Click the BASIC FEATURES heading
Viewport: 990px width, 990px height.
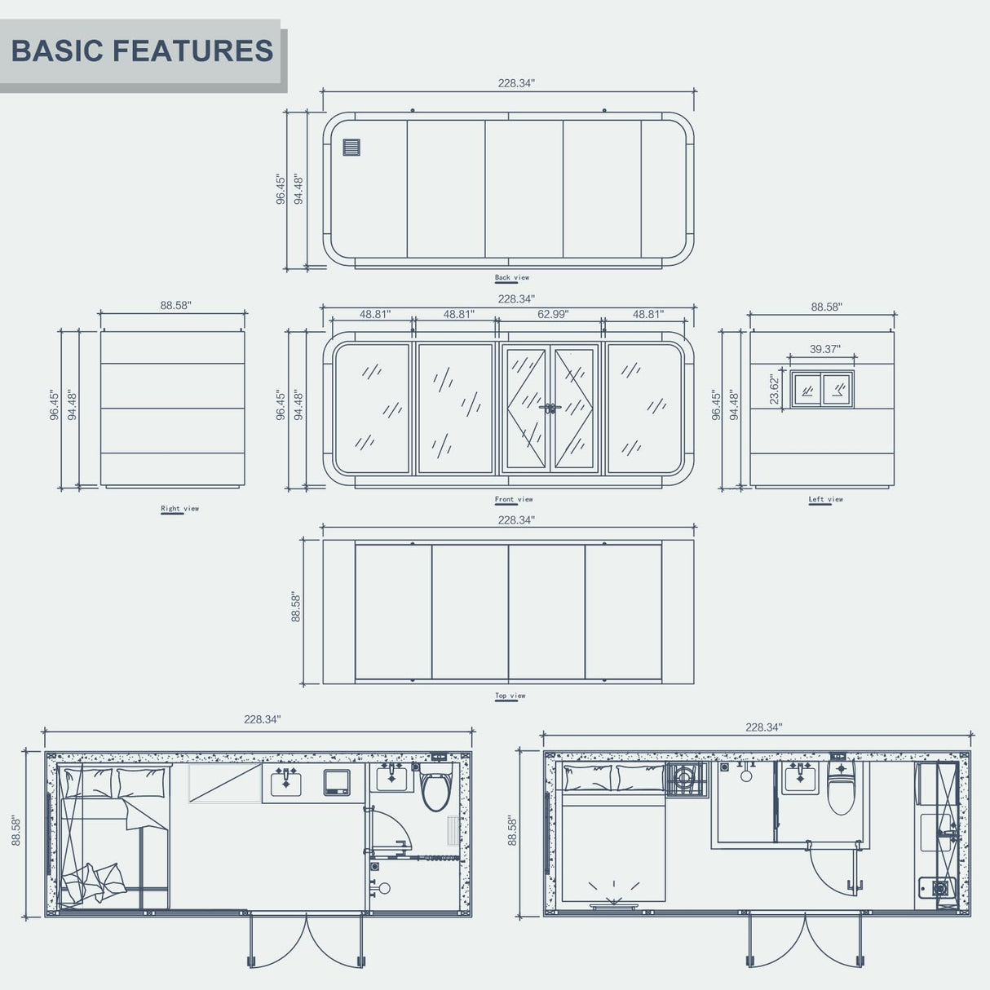(x=142, y=51)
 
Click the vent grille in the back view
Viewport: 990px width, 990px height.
(x=351, y=148)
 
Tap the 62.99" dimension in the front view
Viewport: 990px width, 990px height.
(x=553, y=314)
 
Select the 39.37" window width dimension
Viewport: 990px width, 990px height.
(x=824, y=349)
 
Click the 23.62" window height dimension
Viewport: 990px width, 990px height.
(x=775, y=390)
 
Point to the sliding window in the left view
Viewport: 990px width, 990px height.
(x=822, y=389)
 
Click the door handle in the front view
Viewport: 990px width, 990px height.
(x=550, y=407)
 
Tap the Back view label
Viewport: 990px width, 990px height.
(x=512, y=277)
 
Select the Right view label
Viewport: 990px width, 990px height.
(x=179, y=508)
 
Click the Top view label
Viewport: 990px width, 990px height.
(x=510, y=696)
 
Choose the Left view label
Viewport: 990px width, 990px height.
(x=825, y=499)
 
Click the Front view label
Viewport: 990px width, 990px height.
(x=514, y=499)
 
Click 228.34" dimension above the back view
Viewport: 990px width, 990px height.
(x=516, y=83)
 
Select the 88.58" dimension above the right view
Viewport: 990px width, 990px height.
(x=175, y=305)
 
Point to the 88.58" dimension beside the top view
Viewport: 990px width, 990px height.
(x=296, y=608)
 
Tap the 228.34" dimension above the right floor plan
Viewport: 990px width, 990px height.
(x=763, y=727)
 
